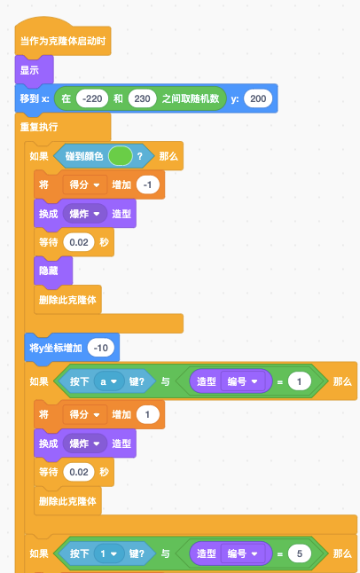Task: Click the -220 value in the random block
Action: pyautogui.click(x=92, y=98)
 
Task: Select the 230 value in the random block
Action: pyautogui.click(x=142, y=98)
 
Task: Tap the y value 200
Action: pyautogui.click(x=258, y=98)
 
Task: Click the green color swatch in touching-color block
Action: pyautogui.click(x=121, y=156)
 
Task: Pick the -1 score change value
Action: pyautogui.click(x=148, y=184)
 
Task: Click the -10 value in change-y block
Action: pyautogui.click(x=101, y=348)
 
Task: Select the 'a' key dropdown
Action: pyautogui.click(x=109, y=381)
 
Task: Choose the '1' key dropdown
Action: pyautogui.click(x=109, y=553)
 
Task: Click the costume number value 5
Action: pyautogui.click(x=300, y=553)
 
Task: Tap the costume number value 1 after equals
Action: pyautogui.click(x=300, y=381)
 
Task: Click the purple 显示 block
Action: pyautogui.click(x=35, y=70)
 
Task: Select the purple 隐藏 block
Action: pyautogui.click(x=53, y=271)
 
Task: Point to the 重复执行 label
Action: pyautogui.click(x=39, y=127)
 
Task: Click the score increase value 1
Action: pyautogui.click(x=148, y=414)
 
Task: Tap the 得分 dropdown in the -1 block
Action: pyautogui.click(x=85, y=184)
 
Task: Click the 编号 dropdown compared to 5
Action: pyautogui.click(x=243, y=553)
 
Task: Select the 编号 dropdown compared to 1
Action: pyautogui.click(x=243, y=381)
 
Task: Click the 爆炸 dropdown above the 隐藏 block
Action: pyautogui.click(x=84, y=214)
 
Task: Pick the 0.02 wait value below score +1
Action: pyautogui.click(x=79, y=472)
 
